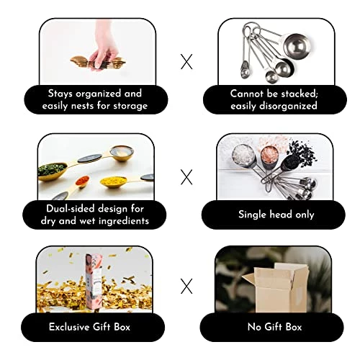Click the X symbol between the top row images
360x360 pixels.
[186, 62]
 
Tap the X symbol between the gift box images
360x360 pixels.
[186, 286]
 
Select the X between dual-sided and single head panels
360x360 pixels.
[186, 177]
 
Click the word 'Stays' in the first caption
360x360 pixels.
[60, 94]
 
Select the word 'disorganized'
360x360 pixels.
[288, 106]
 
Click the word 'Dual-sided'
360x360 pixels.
[71, 209]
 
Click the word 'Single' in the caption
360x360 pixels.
[253, 215]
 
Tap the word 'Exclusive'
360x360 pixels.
[69, 327]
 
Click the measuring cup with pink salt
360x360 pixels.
[269, 156]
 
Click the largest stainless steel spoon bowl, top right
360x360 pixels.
[297, 47]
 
